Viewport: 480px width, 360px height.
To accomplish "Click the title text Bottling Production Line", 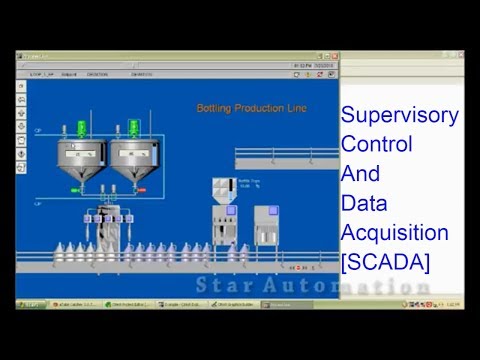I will (251, 108).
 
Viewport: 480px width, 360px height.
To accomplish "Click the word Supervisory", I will (400, 115).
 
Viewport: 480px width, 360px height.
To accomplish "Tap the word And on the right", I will (356, 173).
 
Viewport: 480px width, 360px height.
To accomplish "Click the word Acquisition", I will (394, 233).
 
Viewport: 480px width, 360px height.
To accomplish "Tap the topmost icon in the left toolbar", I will (22, 86).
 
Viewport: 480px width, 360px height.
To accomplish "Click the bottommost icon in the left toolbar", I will (22, 168).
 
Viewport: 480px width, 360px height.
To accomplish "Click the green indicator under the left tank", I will (77, 189).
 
